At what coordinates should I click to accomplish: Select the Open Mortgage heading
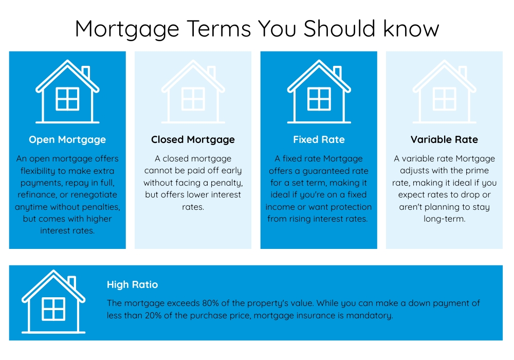[67, 140]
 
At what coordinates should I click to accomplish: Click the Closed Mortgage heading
[193, 140]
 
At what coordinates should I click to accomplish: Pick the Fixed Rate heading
[319, 140]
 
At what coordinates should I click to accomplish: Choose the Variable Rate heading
[444, 140]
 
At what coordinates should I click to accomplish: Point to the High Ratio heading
[133, 284]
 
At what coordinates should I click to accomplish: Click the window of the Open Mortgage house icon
[67, 99]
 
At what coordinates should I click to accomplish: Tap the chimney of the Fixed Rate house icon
[338, 72]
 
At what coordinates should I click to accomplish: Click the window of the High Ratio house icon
[53, 309]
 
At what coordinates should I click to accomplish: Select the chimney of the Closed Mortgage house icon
[212, 72]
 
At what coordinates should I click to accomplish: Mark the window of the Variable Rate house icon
[445, 99]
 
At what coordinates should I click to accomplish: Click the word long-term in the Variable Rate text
[444, 219]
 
